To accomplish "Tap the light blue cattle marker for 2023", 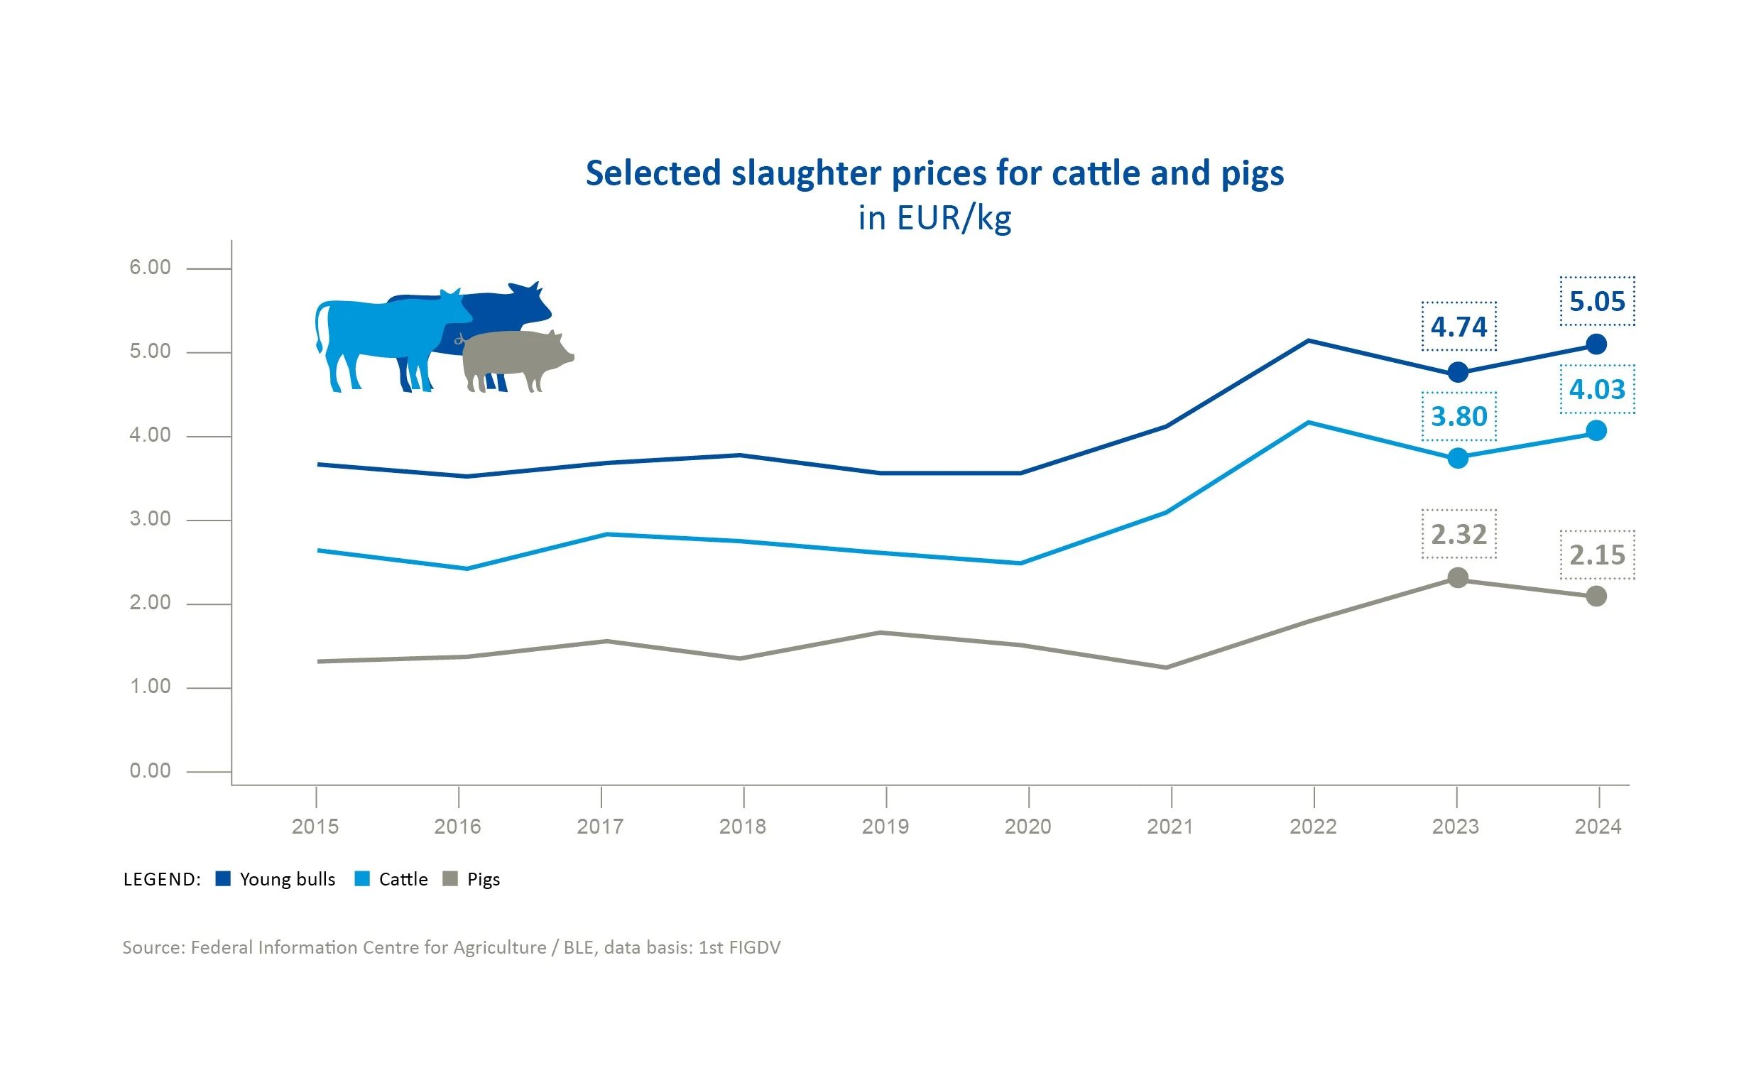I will click(1457, 458).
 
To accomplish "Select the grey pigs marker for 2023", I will click(1457, 577).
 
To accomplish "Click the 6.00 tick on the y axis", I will click(150, 268).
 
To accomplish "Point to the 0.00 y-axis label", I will click(150, 770).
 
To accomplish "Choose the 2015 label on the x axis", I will click(315, 826).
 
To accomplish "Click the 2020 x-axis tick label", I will click(1027, 826).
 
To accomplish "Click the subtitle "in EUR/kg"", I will click(934, 218).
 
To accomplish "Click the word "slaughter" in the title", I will click(806, 174).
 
